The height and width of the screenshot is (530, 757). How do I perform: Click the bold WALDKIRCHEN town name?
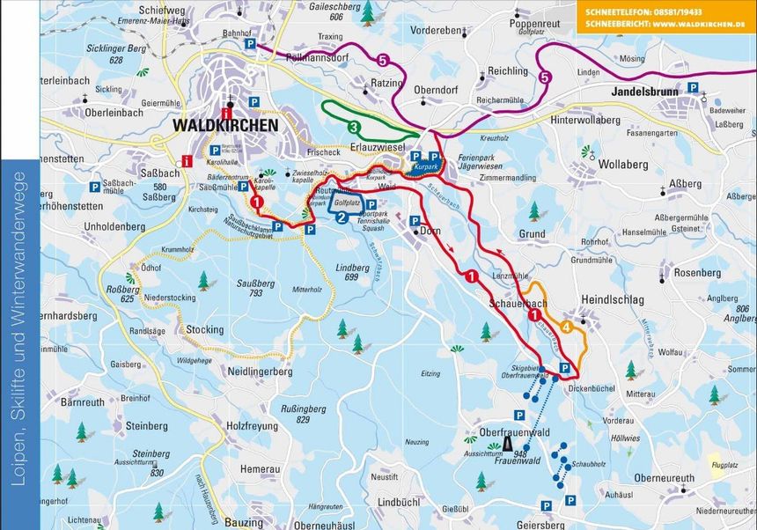coord(224,125)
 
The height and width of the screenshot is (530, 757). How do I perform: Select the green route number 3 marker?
coord(353,127)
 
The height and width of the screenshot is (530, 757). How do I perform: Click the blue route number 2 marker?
coord(341,217)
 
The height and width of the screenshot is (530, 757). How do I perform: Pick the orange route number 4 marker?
coord(568,328)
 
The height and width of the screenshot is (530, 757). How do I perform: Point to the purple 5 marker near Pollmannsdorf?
coord(381,60)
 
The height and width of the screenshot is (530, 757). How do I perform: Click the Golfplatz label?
coord(348,202)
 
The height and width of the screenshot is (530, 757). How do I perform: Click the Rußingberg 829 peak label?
coord(293,414)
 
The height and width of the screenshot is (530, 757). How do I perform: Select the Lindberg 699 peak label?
coord(353,271)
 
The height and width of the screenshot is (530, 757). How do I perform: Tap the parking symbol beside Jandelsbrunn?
coord(693,88)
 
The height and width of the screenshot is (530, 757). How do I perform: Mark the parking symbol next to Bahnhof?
coord(250,43)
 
